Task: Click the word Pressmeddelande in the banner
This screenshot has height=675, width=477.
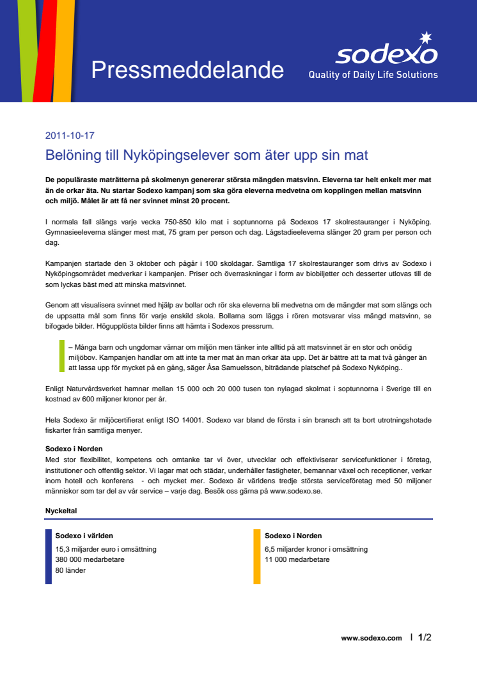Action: click(187, 70)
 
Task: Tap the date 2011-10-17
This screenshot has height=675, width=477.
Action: click(70, 136)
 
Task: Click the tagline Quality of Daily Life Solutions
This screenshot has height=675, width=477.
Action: click(373, 75)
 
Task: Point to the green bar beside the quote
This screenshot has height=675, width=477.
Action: click(62, 356)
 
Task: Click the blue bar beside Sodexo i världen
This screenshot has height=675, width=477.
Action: click(49, 556)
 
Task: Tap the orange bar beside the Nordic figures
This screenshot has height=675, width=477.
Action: click(257, 556)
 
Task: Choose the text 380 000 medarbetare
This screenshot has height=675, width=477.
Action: click(90, 559)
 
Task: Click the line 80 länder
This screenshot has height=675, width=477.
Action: click(70, 570)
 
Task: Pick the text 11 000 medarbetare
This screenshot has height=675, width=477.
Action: click(297, 559)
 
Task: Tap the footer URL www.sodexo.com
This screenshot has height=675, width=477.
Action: click(371, 638)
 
